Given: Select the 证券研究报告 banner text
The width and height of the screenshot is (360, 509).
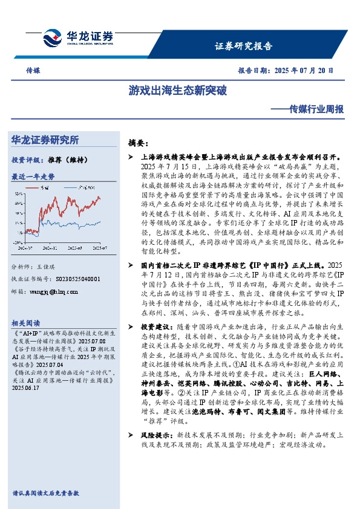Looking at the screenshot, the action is click(x=244, y=46).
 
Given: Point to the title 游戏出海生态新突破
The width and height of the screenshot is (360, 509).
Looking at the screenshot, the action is click(x=177, y=91).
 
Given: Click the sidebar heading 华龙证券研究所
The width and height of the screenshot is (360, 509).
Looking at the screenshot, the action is click(x=45, y=140).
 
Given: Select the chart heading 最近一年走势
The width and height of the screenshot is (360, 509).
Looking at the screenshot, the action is click(x=33, y=177).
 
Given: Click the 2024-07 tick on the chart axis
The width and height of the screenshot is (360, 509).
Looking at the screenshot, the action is click(x=26, y=247).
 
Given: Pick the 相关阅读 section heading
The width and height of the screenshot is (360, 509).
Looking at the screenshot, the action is click(x=26, y=322).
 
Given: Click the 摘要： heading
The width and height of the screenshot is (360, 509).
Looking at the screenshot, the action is click(x=139, y=143).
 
